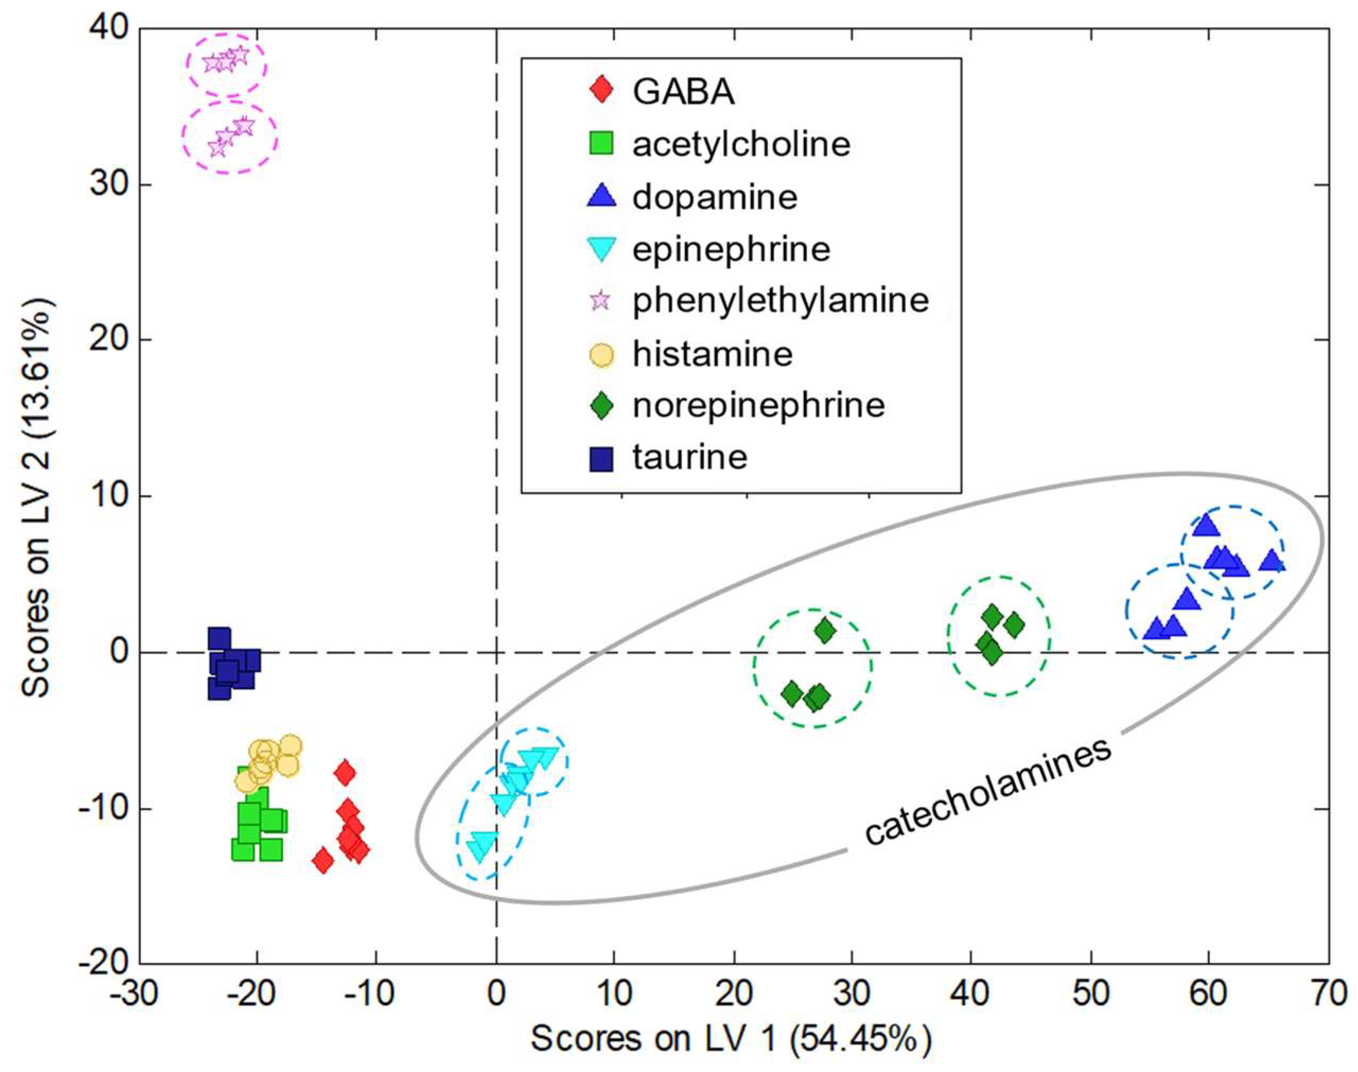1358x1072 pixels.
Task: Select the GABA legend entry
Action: click(x=683, y=92)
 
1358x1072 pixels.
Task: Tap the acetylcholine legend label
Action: click(x=741, y=144)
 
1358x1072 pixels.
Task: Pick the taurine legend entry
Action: click(x=689, y=457)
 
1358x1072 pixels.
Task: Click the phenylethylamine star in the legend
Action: click(x=601, y=301)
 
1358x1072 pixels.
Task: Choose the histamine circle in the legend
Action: click(x=602, y=355)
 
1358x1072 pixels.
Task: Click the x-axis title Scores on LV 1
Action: click(x=731, y=1039)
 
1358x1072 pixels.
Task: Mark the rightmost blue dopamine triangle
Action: click(x=1272, y=560)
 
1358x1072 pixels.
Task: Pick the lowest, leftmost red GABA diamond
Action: click(x=323, y=860)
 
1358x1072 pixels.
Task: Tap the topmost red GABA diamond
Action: click(x=345, y=772)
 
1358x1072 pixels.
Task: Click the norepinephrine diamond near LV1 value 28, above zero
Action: click(x=825, y=631)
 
